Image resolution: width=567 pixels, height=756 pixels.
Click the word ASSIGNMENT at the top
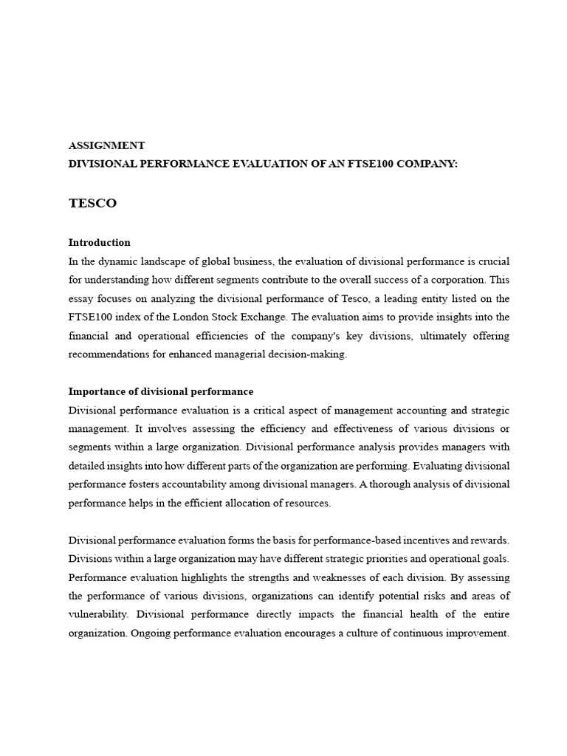[106, 145]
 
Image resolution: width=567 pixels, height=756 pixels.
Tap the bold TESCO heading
[92, 203]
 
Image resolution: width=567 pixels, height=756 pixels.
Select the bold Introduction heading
[99, 242]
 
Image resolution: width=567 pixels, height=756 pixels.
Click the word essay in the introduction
[80, 298]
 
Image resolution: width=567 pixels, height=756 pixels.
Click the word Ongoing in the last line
[151, 633]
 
